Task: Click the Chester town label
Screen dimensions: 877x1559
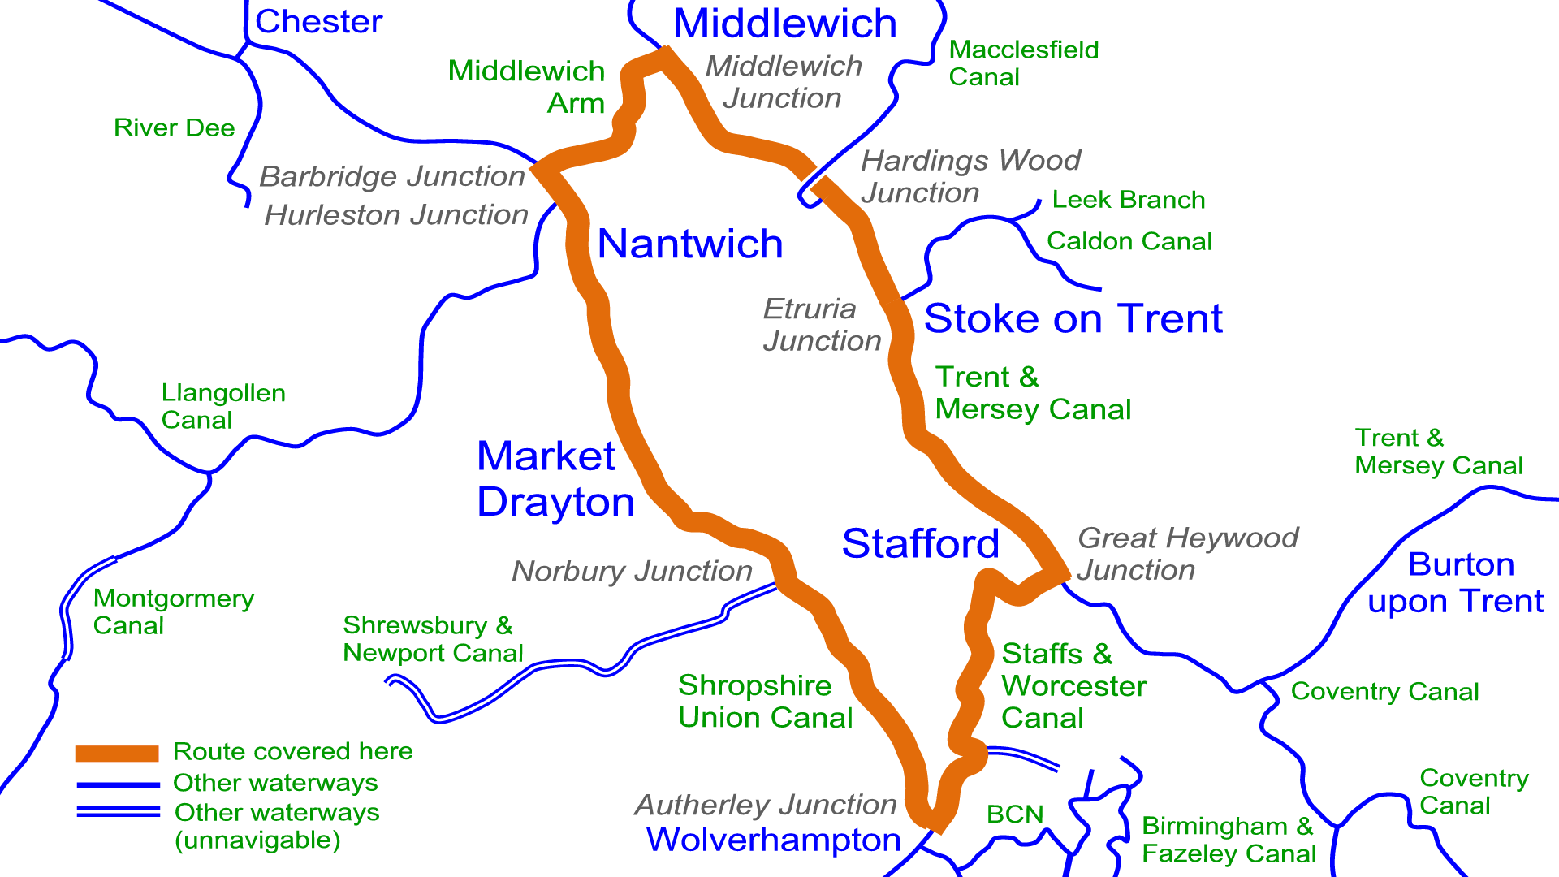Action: point(318,22)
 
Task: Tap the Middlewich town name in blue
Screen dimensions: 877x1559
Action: point(784,24)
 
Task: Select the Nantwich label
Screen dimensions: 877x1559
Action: point(690,244)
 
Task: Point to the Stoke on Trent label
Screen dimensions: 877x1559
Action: point(1073,318)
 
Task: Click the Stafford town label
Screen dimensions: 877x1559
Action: point(920,543)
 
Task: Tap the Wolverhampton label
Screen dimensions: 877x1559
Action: point(773,840)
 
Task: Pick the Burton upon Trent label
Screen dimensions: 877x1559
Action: point(1457,582)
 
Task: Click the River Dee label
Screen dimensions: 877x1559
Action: point(174,127)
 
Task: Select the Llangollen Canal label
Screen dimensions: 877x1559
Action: point(223,406)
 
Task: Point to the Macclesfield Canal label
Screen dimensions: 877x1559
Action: point(1023,63)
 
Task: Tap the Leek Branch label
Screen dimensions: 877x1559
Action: point(1128,200)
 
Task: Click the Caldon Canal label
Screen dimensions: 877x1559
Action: point(1129,241)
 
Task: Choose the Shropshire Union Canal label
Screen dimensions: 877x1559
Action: point(765,701)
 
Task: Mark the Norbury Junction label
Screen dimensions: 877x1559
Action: point(632,571)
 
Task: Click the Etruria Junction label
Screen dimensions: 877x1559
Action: point(822,325)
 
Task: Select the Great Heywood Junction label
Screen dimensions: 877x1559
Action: point(1187,554)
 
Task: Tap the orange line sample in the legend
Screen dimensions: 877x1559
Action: point(117,753)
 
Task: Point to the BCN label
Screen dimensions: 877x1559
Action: point(1014,814)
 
